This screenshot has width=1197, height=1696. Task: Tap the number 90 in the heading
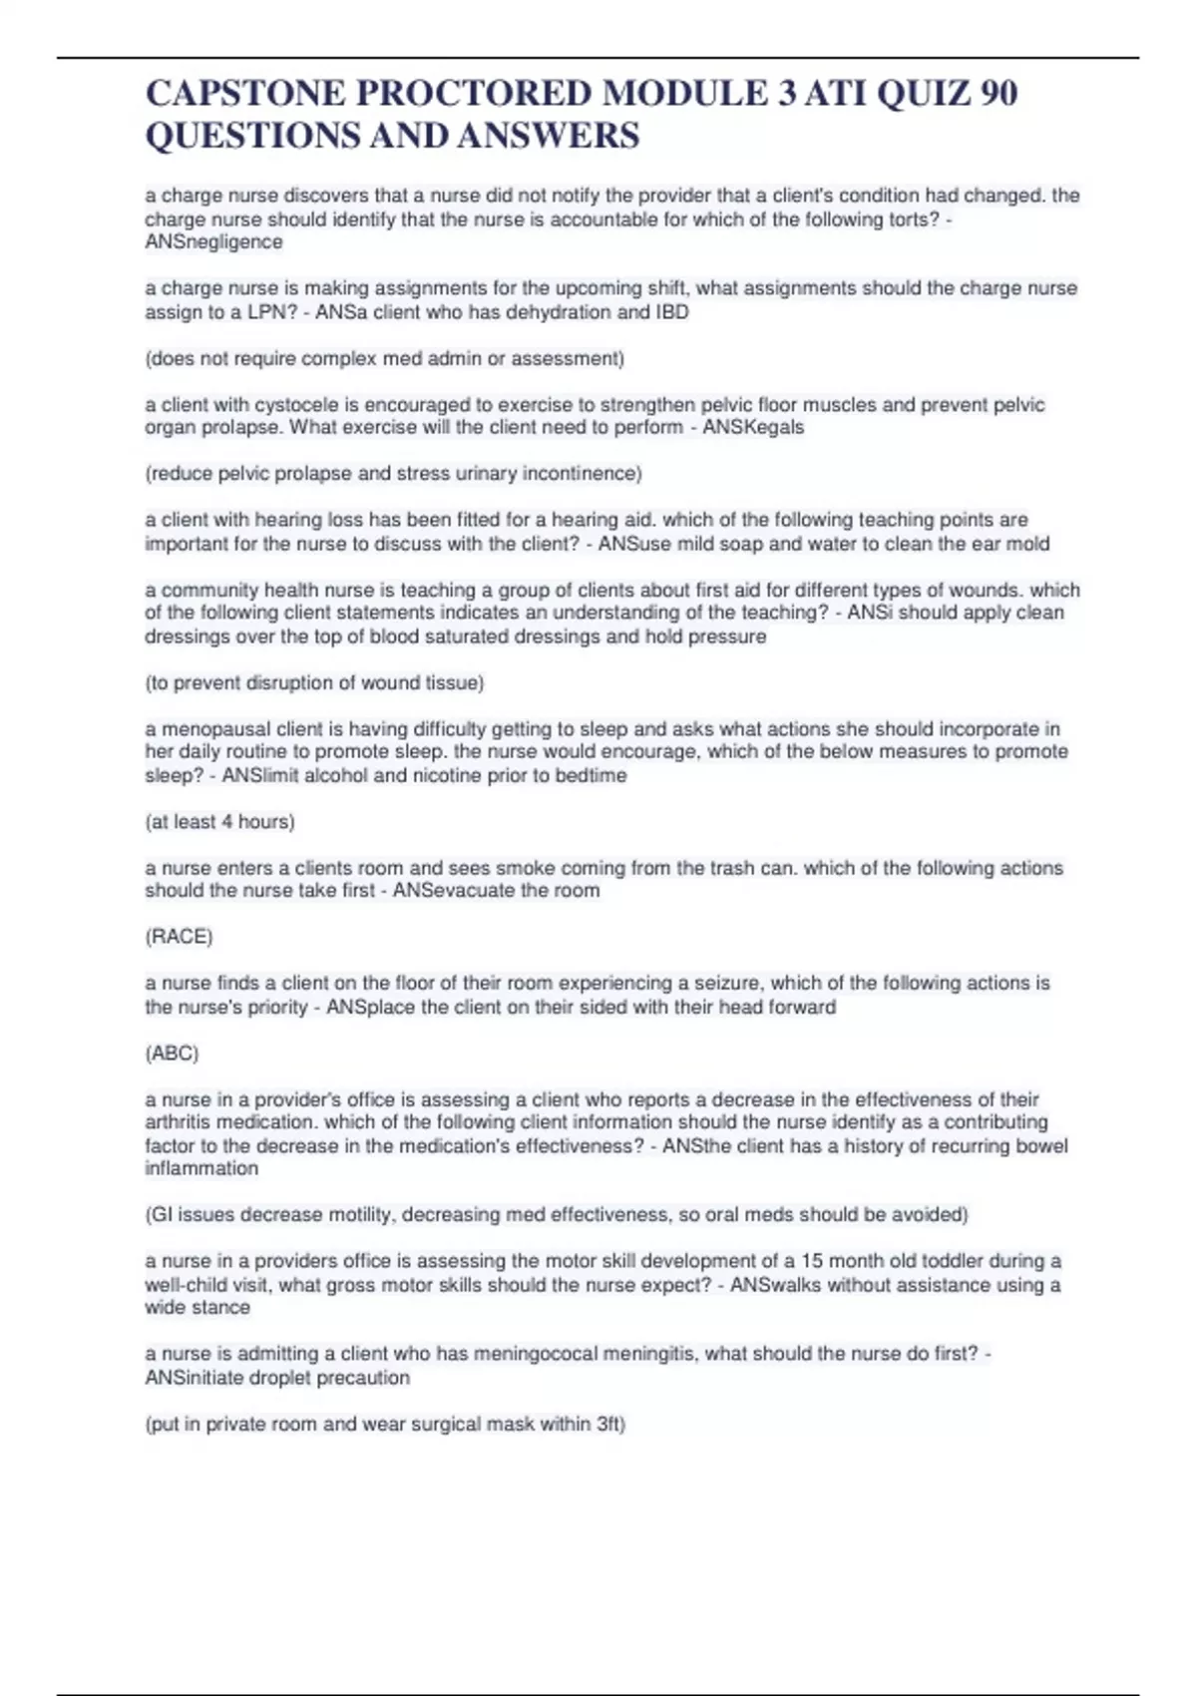click(x=998, y=93)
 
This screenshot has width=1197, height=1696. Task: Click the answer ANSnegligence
click(x=213, y=242)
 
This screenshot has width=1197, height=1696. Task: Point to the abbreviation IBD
click(x=671, y=312)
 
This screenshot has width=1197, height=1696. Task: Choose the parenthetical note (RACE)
click(x=179, y=937)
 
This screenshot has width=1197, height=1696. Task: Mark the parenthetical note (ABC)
click(x=172, y=1054)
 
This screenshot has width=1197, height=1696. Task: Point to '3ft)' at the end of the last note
click(x=608, y=1424)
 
